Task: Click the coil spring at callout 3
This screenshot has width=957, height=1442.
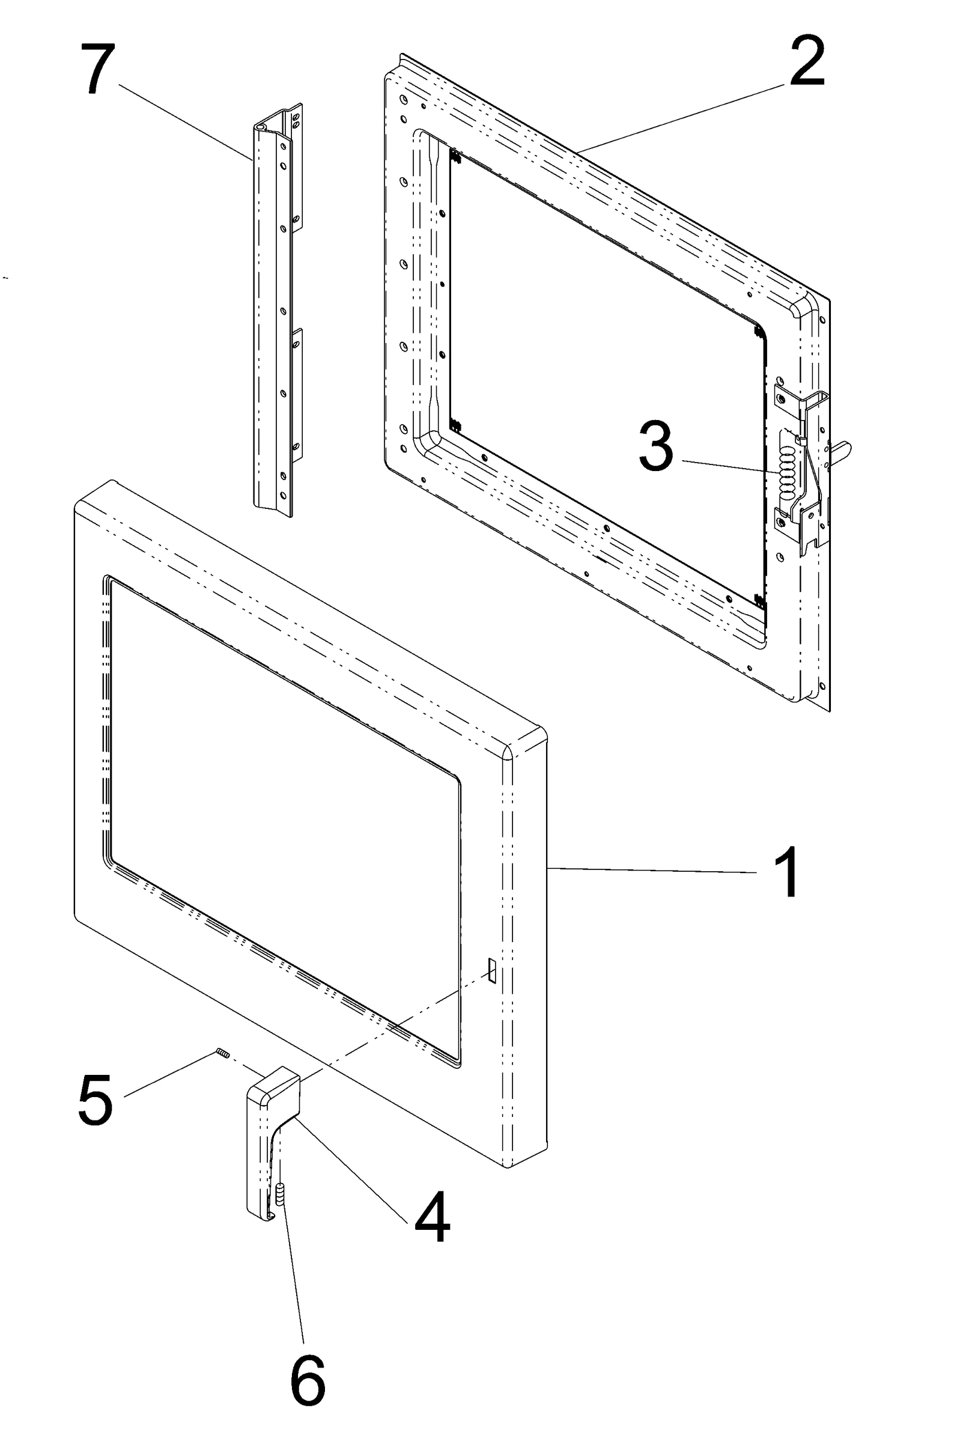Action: pos(788,469)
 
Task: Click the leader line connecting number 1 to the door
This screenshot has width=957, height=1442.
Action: pos(653,870)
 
